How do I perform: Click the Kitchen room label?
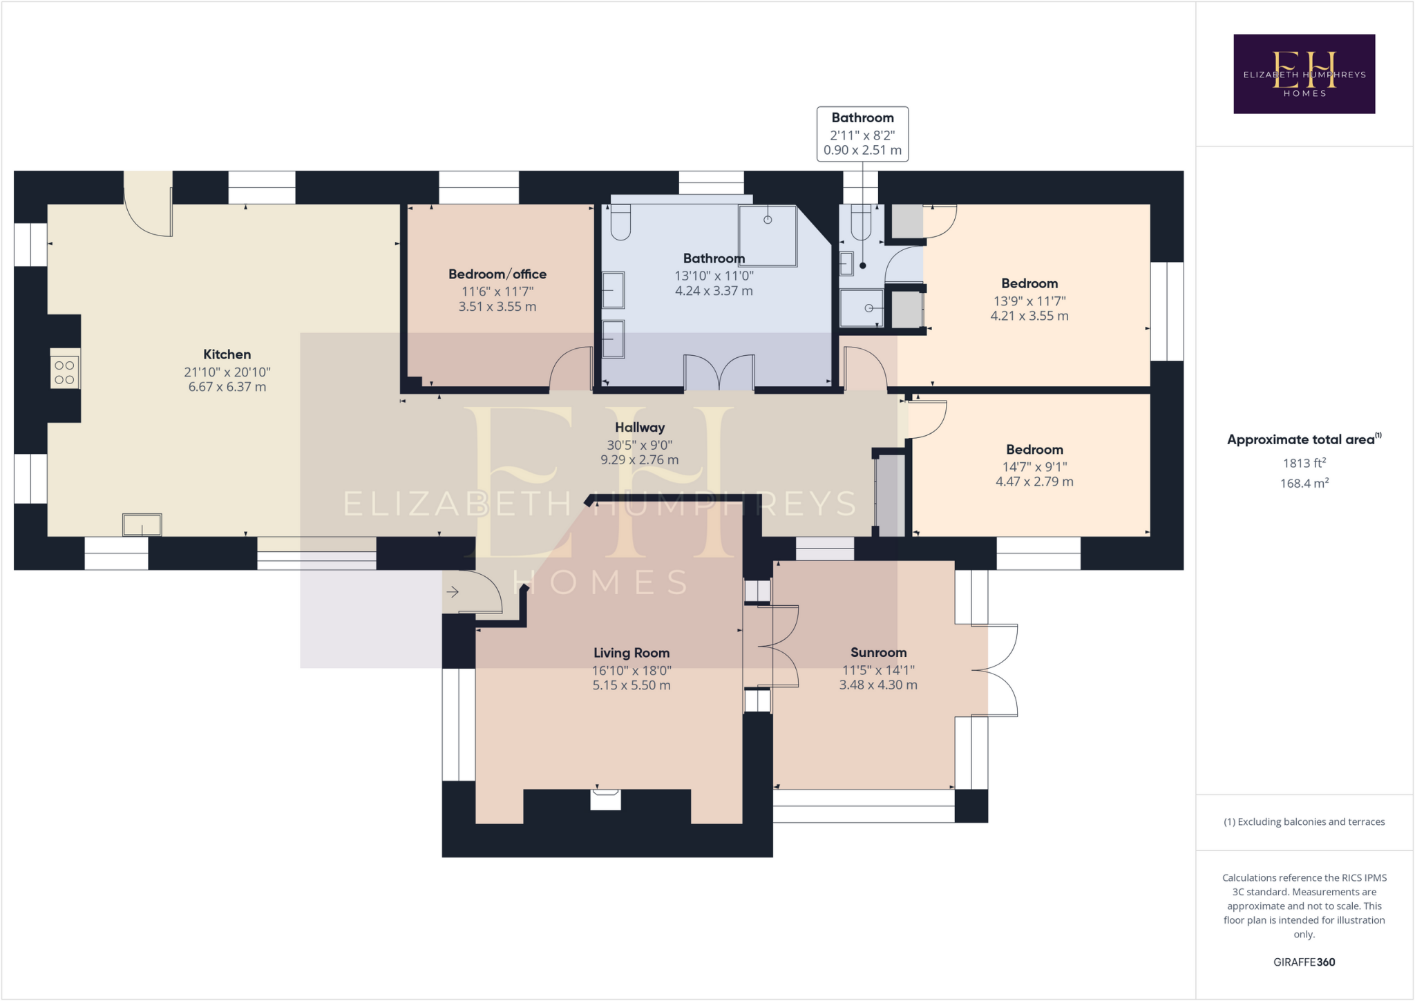[227, 354]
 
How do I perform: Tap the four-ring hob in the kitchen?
[64, 372]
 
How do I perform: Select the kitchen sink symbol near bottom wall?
[142, 525]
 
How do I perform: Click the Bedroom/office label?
[497, 274]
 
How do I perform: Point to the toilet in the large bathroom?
[620, 222]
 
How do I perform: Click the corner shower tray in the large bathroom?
[767, 236]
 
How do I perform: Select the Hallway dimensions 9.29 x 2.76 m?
[639, 460]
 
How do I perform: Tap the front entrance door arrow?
[453, 592]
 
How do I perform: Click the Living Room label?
[631, 653]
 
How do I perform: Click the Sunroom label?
[878, 652]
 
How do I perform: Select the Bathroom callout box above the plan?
[862, 134]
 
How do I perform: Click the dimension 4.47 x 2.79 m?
[1034, 482]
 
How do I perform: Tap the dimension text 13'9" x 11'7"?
[1029, 301]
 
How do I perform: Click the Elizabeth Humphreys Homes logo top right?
[1304, 74]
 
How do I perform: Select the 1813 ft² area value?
[1304, 464]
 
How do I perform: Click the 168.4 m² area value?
[1304, 484]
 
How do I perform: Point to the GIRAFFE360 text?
[1304, 962]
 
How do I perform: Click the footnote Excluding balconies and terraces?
[1304, 822]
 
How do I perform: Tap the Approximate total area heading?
[1302, 439]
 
